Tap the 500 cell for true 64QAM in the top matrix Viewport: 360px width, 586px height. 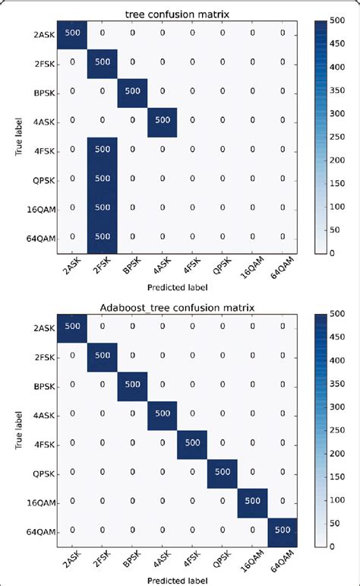(102, 237)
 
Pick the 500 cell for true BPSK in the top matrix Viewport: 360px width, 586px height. (131, 90)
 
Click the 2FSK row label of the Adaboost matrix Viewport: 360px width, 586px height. (44, 355)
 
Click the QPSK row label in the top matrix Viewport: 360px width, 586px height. (44, 179)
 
